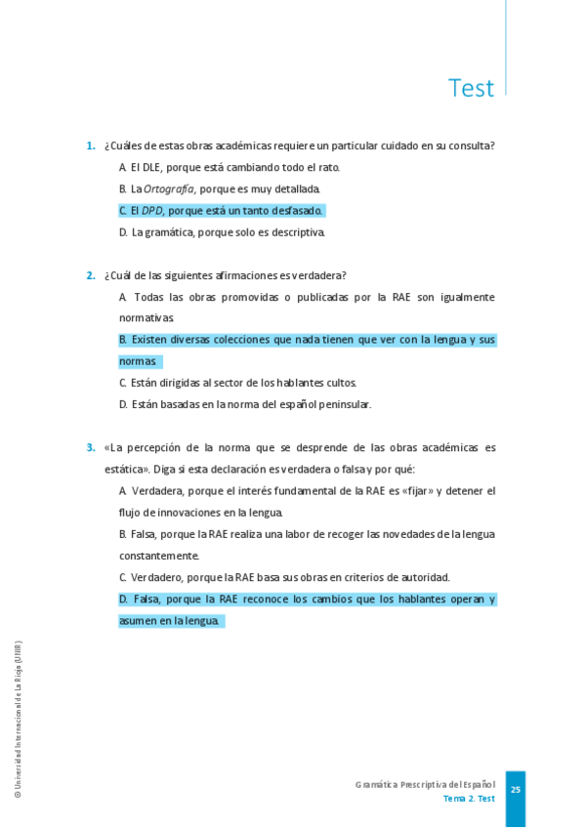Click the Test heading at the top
(471, 88)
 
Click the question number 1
(90, 145)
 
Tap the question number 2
(90, 275)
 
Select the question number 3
(90, 448)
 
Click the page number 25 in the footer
(516, 790)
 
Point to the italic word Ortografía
(169, 188)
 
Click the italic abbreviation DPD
(151, 210)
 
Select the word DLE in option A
(152, 167)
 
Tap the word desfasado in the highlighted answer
(297, 210)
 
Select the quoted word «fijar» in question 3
(411, 491)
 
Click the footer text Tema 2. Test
(469, 798)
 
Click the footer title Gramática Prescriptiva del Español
(425, 784)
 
